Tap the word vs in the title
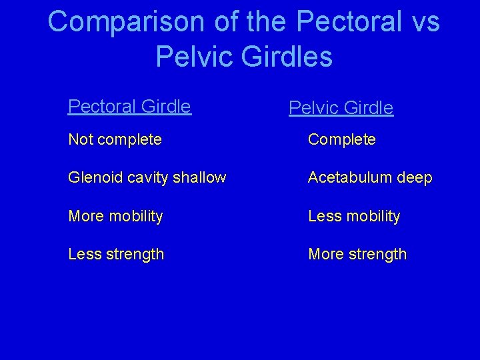(425, 22)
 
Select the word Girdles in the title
(287, 57)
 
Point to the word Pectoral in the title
(349, 22)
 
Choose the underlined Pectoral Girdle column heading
(129, 107)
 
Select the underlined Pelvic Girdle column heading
(341, 108)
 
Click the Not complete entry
(115, 140)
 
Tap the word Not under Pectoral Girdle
(81, 140)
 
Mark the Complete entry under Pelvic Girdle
(341, 140)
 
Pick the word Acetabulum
(349, 178)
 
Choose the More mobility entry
(115, 216)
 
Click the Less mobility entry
(353, 216)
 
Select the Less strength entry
(116, 254)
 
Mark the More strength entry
(357, 254)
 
